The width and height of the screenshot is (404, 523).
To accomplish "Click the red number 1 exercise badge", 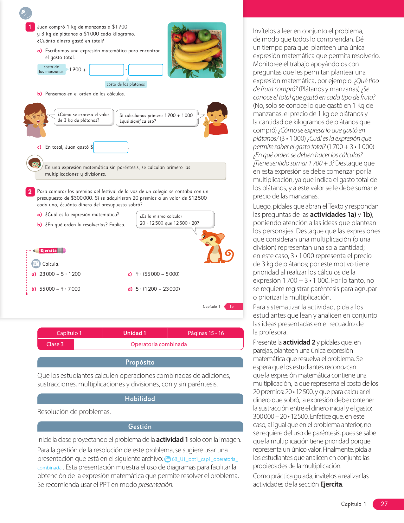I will click(30, 27).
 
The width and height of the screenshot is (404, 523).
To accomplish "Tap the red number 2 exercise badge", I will click(30, 191).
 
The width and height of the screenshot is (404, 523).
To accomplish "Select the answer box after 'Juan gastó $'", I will click(111, 147).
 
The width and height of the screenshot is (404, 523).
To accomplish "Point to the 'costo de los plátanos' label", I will click(126, 84).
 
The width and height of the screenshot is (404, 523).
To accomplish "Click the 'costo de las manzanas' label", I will click(51, 69).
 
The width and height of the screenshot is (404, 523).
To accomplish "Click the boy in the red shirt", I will click(215, 119).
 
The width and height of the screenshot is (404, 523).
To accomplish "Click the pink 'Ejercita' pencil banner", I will click(49, 251).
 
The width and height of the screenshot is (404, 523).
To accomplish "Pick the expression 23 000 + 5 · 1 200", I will click(60, 274).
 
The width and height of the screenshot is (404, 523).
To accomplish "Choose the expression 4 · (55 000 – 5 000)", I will click(157, 274).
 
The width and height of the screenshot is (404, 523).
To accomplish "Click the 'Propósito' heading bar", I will click(140, 362).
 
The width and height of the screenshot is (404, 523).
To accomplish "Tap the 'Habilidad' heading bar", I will click(140, 399).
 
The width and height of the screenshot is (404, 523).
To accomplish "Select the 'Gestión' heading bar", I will click(140, 427).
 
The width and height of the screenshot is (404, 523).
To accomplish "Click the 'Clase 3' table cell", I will click(55, 344).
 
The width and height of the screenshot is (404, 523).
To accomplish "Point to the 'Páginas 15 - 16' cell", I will click(206, 333).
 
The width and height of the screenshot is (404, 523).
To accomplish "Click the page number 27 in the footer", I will click(384, 504).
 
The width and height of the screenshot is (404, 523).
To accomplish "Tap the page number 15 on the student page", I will click(232, 307).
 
